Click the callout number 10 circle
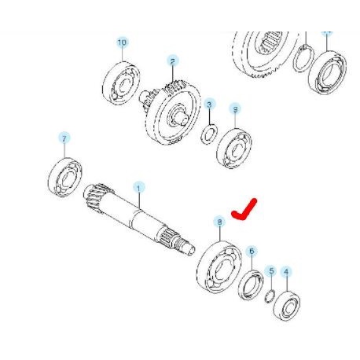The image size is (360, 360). coord(122,42)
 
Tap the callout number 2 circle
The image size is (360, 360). coord(172,60)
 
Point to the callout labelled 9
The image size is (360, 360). coord(234,109)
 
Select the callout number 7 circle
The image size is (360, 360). coord(64,138)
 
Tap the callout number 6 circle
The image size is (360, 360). coord(252,252)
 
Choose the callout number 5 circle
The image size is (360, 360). coord(270,270)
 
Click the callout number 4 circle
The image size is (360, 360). coord(287,274)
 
